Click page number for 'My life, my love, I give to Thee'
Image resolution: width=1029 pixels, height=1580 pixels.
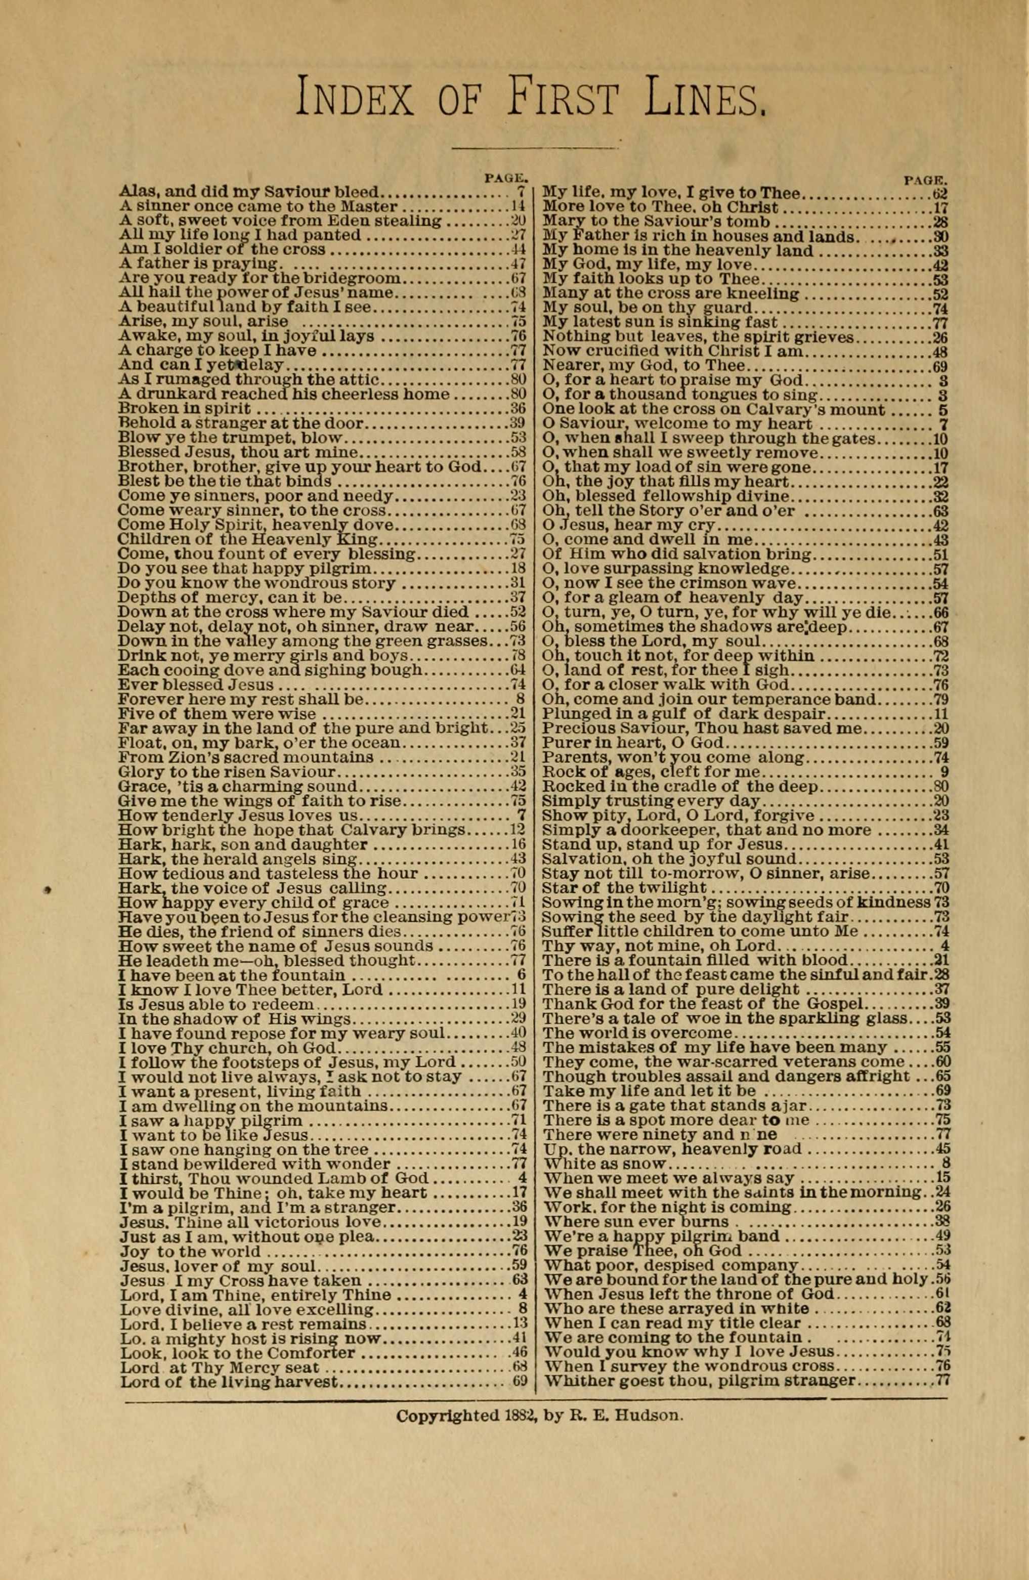(x=939, y=194)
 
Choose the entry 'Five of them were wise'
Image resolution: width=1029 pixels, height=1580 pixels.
(x=217, y=714)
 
